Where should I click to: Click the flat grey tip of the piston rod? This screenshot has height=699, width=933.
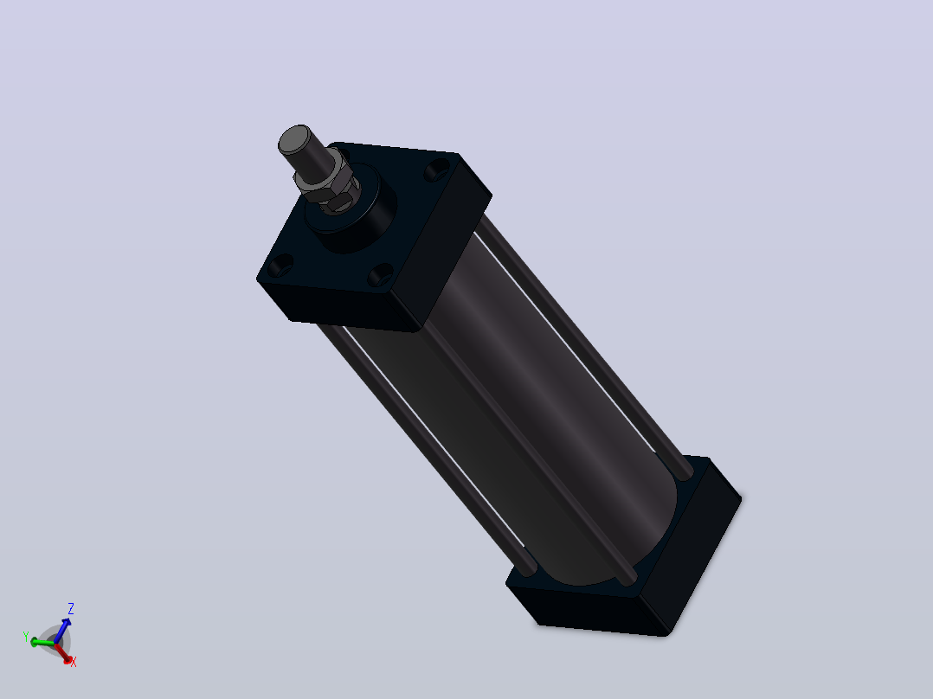point(294,139)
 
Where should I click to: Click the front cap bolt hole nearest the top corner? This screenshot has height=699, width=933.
point(437,171)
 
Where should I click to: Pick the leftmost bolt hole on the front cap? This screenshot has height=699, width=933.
point(280,266)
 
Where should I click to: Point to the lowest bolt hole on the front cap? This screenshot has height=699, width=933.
point(380,275)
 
